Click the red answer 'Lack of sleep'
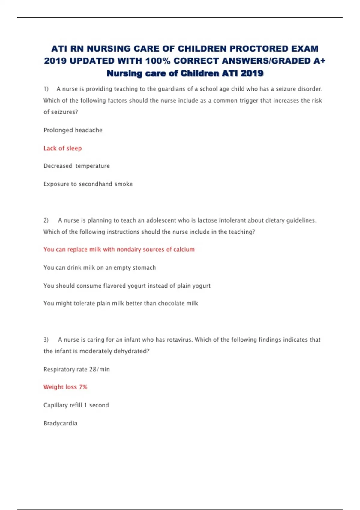click(63, 148)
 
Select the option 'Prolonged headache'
click(73, 130)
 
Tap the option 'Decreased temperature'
click(76, 166)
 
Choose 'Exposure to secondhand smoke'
click(88, 184)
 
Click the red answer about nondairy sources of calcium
click(119, 250)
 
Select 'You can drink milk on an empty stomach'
click(100, 268)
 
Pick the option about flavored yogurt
click(127, 286)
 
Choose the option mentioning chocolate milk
click(121, 303)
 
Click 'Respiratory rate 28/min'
click(76, 369)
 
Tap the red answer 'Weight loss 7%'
click(65, 387)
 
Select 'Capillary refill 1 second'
click(76, 405)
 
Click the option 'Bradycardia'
click(60, 423)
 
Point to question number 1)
click(46, 89)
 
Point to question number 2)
click(46, 220)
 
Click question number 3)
click(46, 340)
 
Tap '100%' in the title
click(158, 61)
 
